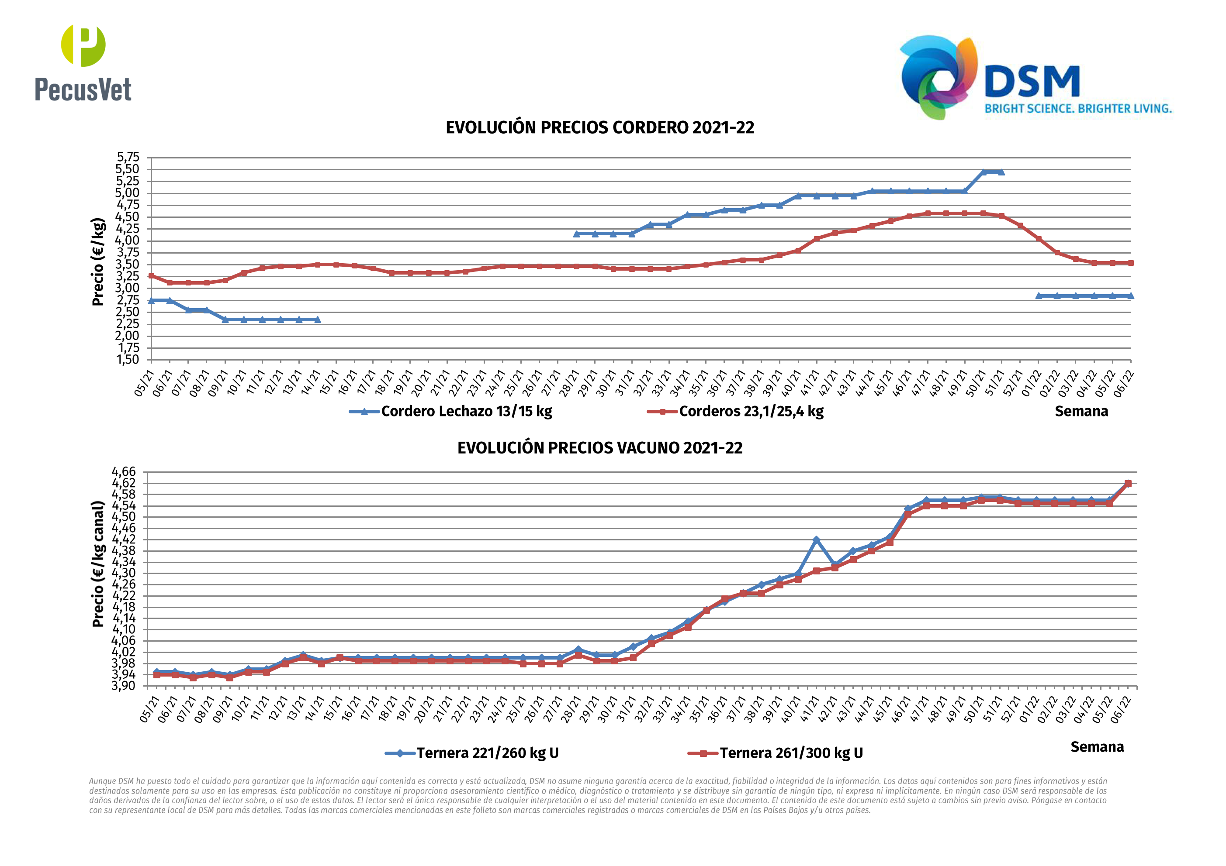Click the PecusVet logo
pos(83,63)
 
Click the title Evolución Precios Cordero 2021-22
pos(599,127)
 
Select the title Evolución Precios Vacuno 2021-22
pos(599,448)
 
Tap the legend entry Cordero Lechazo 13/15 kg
pos(466,411)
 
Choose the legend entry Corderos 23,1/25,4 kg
pos(751,411)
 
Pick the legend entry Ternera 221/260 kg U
pos(487,753)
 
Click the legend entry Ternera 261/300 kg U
pos(791,753)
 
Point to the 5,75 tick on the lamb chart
pos(128,158)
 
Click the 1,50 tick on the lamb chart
pos(128,360)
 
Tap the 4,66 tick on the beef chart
pos(124,472)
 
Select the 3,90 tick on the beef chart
pos(124,686)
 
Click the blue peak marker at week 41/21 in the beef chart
pos(816,540)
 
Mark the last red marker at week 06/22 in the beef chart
pos(1128,484)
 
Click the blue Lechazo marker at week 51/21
pos(1001,172)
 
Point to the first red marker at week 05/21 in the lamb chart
pos(152,276)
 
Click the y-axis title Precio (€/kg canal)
pos(98,564)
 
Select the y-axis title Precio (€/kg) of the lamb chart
pos(98,261)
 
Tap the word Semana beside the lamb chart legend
pos(1081,411)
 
